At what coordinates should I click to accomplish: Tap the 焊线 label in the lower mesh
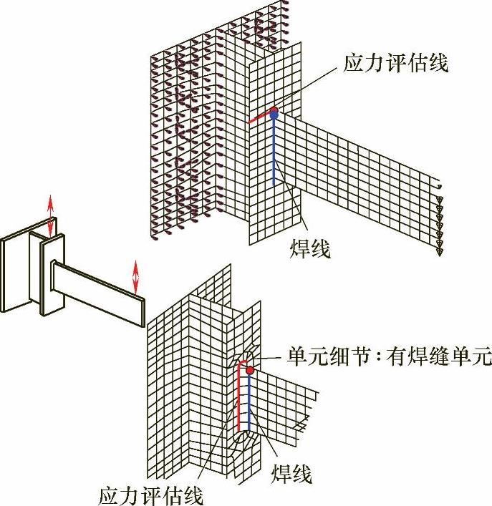tap(291, 473)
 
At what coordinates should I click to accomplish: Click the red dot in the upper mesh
tap(274, 111)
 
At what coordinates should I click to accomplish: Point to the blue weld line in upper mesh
tap(274, 150)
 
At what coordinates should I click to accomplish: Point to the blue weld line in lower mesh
tap(249, 401)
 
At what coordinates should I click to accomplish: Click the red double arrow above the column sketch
tap(50, 214)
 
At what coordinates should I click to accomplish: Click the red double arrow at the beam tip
tap(136, 276)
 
